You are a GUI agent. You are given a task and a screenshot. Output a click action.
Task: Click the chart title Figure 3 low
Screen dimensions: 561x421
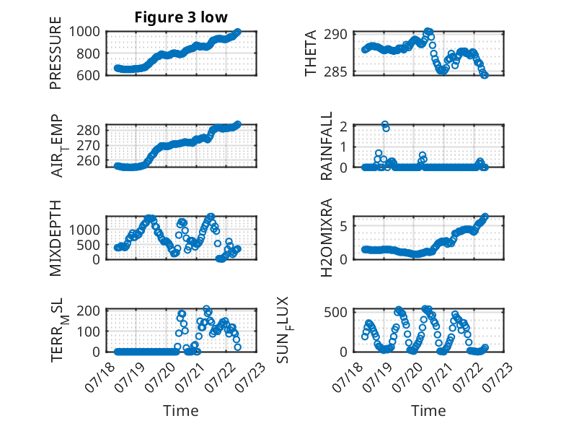tap(181, 17)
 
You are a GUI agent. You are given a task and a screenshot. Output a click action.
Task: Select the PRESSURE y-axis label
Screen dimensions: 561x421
tap(56, 53)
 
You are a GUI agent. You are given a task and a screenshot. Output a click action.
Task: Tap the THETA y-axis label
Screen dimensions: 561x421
tap(311, 53)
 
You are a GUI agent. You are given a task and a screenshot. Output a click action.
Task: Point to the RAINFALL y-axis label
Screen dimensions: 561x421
tap(327, 145)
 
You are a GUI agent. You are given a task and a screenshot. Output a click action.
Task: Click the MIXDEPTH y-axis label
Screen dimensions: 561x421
tap(56, 238)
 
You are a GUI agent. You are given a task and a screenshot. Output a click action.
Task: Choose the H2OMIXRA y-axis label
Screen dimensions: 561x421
tap(327, 238)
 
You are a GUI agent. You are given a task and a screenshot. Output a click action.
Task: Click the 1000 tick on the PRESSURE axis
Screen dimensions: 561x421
tap(84, 32)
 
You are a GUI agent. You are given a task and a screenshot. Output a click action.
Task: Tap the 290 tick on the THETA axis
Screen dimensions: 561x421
tap(335, 35)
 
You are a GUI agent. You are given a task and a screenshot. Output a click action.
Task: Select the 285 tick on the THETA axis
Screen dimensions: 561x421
tap(335, 72)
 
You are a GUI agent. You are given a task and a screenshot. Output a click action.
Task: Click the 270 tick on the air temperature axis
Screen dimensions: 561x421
tap(89, 145)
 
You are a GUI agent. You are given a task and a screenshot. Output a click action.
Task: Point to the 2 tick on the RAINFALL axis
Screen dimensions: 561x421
tap(344, 126)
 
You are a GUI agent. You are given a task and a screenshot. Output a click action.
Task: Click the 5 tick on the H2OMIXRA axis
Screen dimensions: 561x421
tap(344, 226)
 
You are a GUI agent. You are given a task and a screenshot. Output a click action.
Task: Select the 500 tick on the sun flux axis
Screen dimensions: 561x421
tap(335, 312)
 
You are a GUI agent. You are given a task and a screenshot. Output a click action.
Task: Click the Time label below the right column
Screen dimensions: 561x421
tap(428, 410)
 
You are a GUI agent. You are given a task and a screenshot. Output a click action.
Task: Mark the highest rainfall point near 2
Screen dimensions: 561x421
tap(384, 124)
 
